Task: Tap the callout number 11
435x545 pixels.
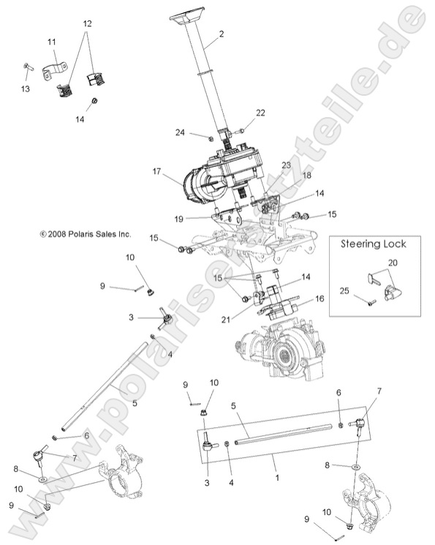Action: coord(52,42)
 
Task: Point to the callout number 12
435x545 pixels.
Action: coord(87,24)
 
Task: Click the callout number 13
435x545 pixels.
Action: coord(26,90)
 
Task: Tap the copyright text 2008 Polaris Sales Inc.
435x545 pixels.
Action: coord(86,234)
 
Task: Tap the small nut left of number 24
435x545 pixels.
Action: coord(211,137)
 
